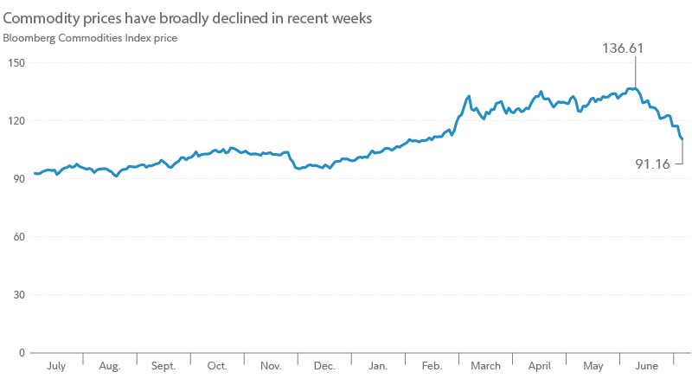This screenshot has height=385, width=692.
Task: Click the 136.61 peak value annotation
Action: tap(623, 48)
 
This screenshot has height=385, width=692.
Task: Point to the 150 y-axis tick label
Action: tap(16, 63)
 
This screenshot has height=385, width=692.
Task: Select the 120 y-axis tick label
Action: tap(16, 121)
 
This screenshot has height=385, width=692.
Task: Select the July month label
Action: tap(55, 367)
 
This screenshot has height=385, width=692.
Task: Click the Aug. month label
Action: tap(109, 367)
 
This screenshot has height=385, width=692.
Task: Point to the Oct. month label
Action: tap(217, 367)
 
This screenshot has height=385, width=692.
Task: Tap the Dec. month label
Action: tap(324, 367)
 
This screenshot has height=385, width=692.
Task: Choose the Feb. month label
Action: tap(432, 367)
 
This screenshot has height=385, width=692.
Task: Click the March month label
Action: tap(485, 367)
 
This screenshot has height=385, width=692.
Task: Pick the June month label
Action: tap(646, 367)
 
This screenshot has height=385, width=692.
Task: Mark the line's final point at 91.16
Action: tap(682, 138)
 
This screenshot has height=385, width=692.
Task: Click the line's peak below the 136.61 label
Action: tap(635, 88)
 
